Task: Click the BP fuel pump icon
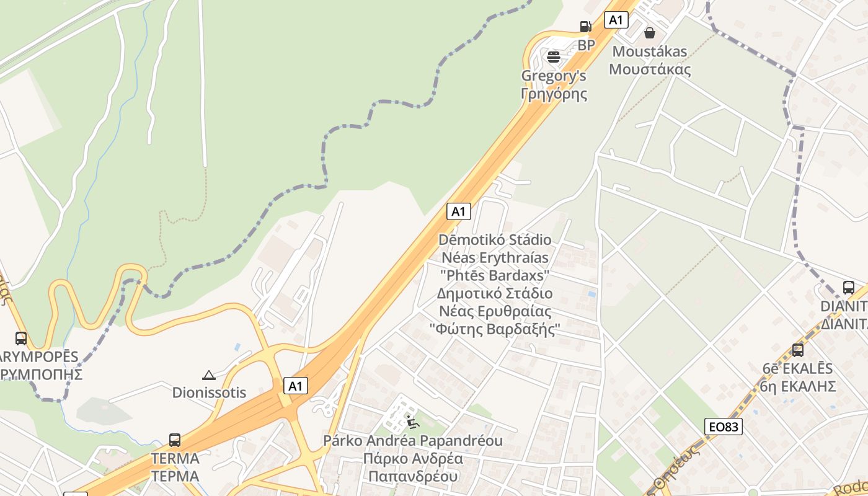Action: (585, 26)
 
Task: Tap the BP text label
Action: (586, 45)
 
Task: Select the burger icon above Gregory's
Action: (554, 57)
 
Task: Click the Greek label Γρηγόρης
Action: (554, 94)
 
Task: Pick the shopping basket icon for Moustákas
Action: (650, 32)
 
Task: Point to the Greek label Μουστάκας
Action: (650, 69)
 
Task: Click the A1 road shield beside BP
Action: (616, 20)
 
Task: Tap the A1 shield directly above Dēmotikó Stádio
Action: (458, 211)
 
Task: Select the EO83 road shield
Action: (724, 426)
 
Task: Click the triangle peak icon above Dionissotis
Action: (209, 375)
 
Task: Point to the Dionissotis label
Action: (209, 392)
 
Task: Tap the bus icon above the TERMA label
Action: (175, 440)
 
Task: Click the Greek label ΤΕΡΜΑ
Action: (175, 476)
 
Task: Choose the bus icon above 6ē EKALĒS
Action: (798, 350)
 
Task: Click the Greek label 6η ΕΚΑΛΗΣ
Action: (798, 386)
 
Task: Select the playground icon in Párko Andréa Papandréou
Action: (412, 423)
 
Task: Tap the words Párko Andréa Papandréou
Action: (413, 441)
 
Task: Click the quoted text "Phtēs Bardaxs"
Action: (495, 275)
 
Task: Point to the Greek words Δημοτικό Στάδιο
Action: (495, 293)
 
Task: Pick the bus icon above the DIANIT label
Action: (849, 288)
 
